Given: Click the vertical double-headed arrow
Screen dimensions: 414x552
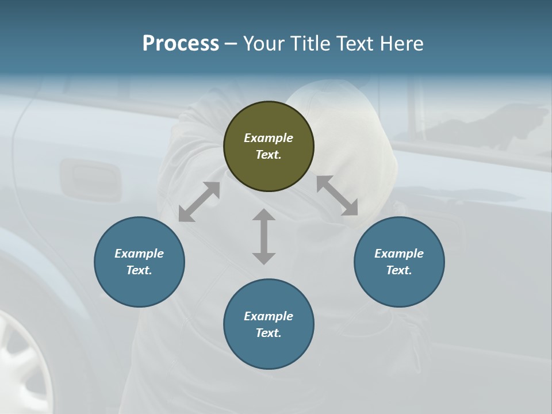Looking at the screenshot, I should (264, 236).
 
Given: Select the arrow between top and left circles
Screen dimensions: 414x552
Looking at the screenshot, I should (199, 202).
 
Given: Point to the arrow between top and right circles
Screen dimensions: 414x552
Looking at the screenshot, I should (337, 195).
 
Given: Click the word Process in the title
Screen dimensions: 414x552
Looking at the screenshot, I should (181, 44).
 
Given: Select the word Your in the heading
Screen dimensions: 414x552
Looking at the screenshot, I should (263, 44).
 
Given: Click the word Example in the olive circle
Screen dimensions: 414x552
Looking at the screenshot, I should (269, 138).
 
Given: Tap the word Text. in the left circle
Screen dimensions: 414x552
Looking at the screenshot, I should (139, 270).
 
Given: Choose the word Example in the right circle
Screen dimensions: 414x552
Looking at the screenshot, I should (399, 254).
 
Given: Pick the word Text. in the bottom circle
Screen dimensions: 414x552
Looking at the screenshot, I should (269, 333).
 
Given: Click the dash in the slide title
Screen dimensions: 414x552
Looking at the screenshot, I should (231, 44).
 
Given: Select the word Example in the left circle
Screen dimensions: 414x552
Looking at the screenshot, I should (139, 254).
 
